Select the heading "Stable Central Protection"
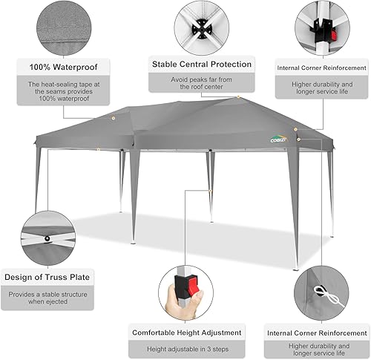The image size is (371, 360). tap(201, 64)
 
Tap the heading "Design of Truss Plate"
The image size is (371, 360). tap(48, 278)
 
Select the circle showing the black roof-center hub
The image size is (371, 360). tap(201, 27)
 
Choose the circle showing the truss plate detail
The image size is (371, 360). tap(48, 238)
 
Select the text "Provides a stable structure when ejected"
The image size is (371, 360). tap(48, 298)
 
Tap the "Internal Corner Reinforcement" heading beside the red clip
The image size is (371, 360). tap(321, 68)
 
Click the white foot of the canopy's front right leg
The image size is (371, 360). tap(295, 267)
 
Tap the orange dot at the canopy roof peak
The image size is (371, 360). tap(239, 98)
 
